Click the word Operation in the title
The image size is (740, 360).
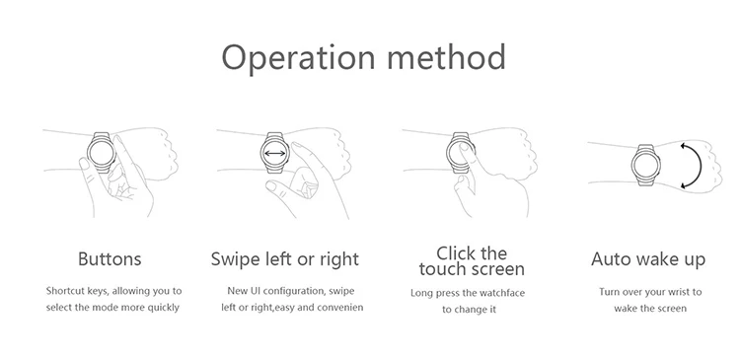pyautogui.click(x=298, y=57)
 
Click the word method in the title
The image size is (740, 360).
pyautogui.click(x=446, y=56)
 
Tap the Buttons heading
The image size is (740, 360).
pyautogui.click(x=110, y=259)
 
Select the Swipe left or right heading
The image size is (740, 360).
pyautogui.click(x=284, y=259)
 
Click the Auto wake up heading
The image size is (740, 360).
pyautogui.click(x=648, y=259)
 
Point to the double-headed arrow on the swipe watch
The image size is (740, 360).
pyautogui.click(x=274, y=153)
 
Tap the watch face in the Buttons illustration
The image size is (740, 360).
pyautogui.click(x=101, y=153)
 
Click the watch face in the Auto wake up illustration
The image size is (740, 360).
pyautogui.click(x=645, y=165)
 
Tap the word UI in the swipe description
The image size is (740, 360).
pyautogui.click(x=255, y=291)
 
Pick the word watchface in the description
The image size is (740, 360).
pyautogui.click(x=502, y=293)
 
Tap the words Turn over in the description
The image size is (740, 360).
pyautogui.click(x=619, y=292)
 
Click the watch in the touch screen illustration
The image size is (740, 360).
pyautogui.click(x=460, y=153)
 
